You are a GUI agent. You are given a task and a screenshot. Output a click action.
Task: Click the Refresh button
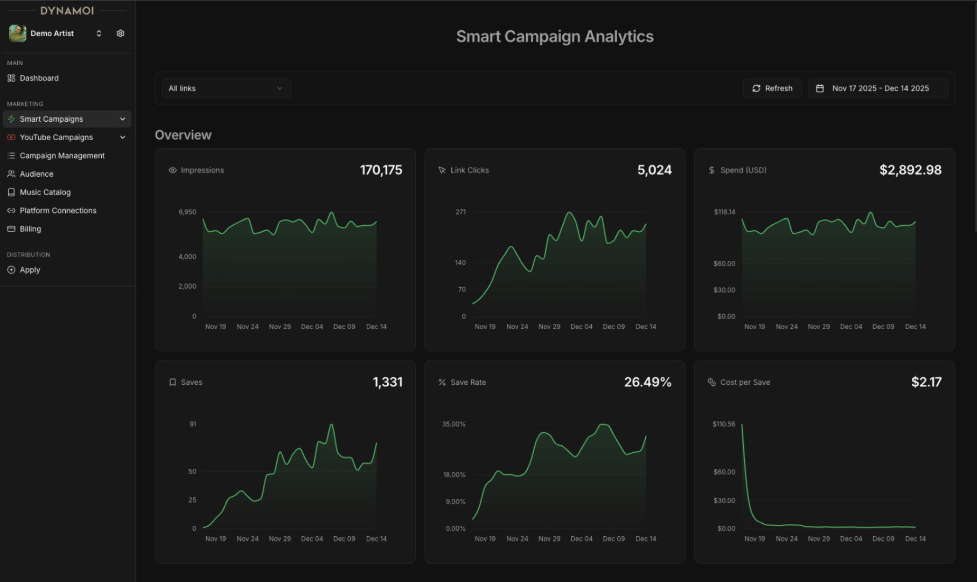click(772, 88)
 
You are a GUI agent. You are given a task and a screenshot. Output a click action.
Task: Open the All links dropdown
click(226, 88)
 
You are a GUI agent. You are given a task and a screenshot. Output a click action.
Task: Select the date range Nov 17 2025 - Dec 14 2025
click(879, 88)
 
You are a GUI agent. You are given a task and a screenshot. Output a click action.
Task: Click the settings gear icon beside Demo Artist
click(120, 33)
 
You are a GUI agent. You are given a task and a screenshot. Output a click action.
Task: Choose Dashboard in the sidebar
click(39, 78)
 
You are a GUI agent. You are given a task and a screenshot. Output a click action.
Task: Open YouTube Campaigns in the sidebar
click(56, 137)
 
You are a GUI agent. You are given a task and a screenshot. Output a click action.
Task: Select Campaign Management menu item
click(62, 156)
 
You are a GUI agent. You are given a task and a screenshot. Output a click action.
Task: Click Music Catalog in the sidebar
click(45, 192)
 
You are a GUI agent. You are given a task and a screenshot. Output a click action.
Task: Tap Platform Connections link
click(58, 211)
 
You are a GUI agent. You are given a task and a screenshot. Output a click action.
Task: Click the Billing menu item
click(30, 229)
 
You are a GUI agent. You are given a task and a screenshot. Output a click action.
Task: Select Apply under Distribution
click(30, 270)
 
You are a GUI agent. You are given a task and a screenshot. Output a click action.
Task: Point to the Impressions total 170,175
click(381, 170)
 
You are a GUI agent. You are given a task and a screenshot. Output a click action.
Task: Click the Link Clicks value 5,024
click(654, 170)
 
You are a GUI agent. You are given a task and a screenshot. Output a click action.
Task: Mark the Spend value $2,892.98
click(910, 170)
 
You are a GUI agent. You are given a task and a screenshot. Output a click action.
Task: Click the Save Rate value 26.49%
click(647, 382)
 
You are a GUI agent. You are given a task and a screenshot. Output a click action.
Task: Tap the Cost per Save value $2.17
click(926, 382)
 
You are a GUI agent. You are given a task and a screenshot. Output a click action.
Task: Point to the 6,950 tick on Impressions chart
click(187, 212)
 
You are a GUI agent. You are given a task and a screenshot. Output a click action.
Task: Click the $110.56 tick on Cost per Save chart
click(723, 424)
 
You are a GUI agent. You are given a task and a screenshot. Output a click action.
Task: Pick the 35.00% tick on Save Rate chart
click(453, 424)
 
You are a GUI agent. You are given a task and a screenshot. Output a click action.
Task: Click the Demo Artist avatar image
click(18, 33)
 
